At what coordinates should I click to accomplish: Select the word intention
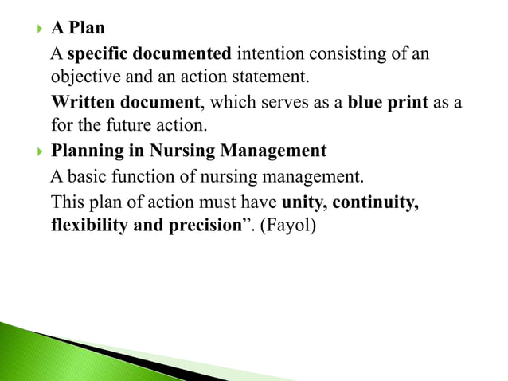(268, 54)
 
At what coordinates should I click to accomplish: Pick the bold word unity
(303, 201)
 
